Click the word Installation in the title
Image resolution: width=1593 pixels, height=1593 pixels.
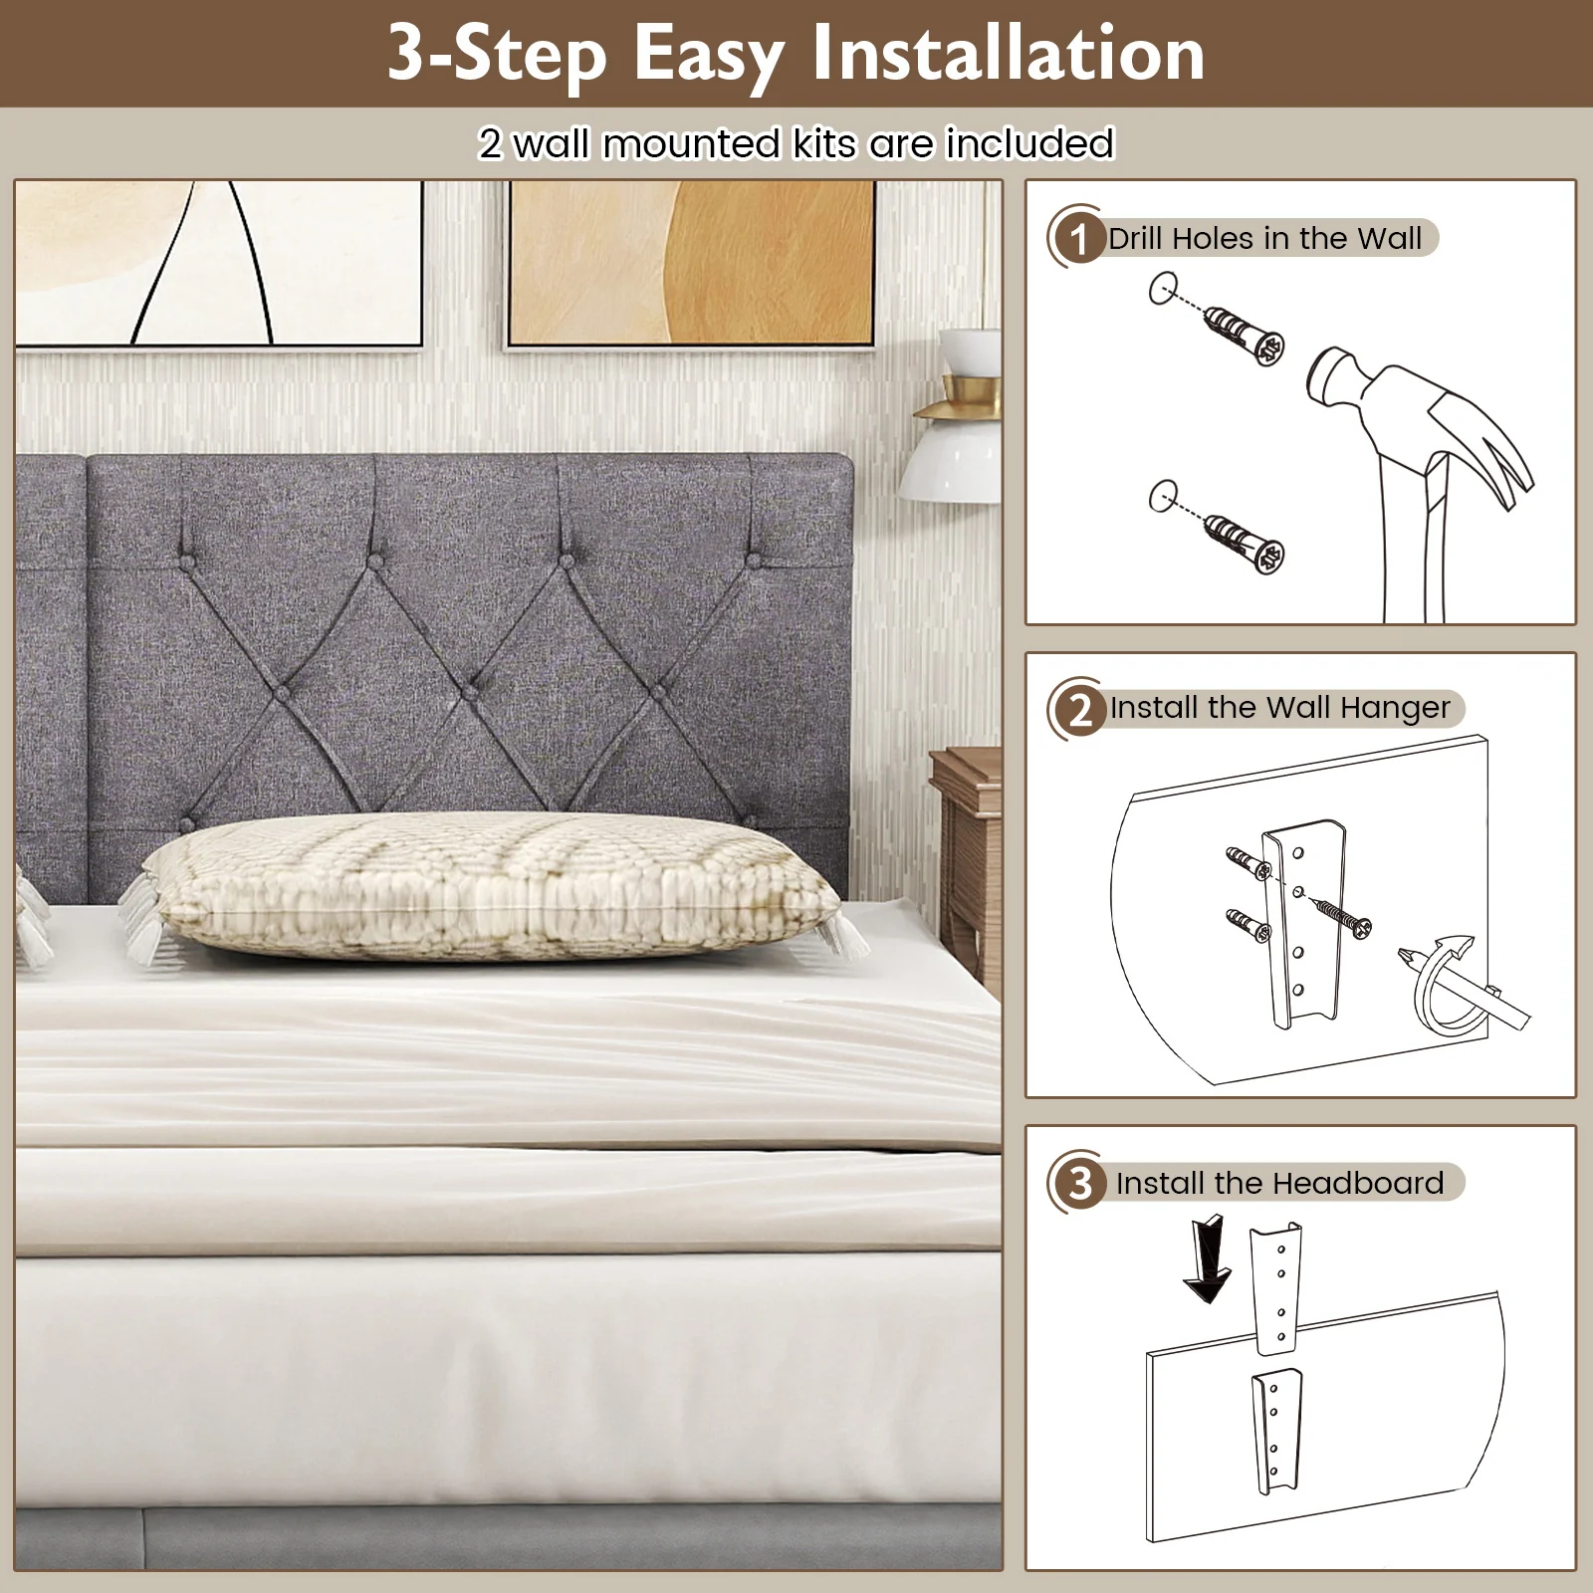(x=1008, y=55)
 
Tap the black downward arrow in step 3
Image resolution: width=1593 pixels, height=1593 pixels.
(x=1206, y=1259)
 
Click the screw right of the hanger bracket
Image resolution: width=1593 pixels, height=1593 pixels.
(x=1340, y=913)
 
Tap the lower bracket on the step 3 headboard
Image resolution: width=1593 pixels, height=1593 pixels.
(x=1278, y=1428)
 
